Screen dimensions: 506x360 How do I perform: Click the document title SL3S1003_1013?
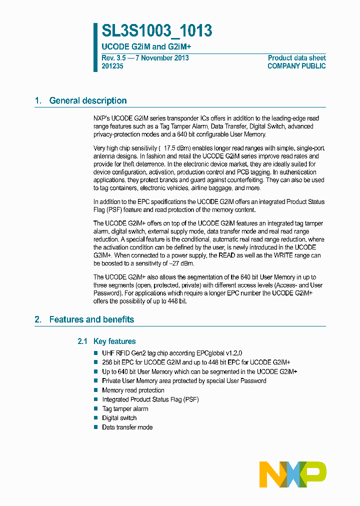(x=157, y=31)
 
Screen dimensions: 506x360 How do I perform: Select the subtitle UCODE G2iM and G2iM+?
(x=146, y=46)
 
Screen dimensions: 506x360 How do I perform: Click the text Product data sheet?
(x=296, y=58)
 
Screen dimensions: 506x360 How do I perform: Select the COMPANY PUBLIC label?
(x=296, y=66)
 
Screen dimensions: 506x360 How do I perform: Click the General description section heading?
(x=87, y=100)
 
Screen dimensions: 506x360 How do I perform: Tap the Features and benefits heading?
(x=91, y=319)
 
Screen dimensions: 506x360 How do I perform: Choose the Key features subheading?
(x=114, y=341)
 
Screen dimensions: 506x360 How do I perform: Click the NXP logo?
(x=292, y=474)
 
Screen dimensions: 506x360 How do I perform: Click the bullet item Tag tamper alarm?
(x=125, y=408)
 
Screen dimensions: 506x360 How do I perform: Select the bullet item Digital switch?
(x=119, y=418)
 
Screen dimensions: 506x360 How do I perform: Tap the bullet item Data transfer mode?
(x=127, y=427)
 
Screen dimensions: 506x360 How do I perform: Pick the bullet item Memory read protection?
(x=133, y=390)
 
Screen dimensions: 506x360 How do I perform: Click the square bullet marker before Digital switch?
(x=96, y=418)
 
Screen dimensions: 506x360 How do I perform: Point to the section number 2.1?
(x=83, y=341)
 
